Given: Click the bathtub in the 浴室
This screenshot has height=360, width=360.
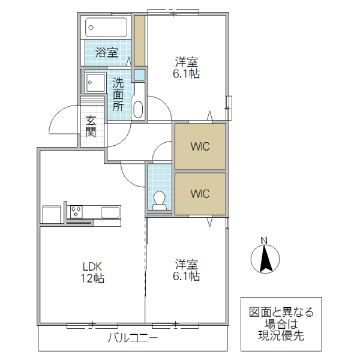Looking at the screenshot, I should coord(106,27).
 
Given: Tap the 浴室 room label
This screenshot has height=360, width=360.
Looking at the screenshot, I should coord(107,53).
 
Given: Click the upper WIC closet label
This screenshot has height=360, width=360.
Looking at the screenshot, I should coord(200,146).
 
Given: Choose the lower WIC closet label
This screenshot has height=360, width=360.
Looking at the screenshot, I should coord(200,194).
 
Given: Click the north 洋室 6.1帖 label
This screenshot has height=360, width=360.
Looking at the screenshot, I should coord(187,68).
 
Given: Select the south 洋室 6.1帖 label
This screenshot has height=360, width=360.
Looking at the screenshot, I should coord(187,270).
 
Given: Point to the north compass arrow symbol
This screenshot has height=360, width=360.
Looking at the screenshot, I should coord(263,260).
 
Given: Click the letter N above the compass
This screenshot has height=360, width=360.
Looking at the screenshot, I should coord(263,241).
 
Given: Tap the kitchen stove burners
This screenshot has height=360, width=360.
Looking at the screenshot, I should coord(76,211).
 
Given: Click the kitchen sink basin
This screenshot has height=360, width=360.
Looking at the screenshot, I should coord(110,212).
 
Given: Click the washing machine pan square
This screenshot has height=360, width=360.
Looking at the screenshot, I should coord(94,82).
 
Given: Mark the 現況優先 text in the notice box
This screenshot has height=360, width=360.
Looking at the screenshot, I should coord(281,336).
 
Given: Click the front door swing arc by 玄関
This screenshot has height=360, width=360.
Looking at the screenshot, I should coord(63,120).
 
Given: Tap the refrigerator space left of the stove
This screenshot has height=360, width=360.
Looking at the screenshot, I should coord(52,214).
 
